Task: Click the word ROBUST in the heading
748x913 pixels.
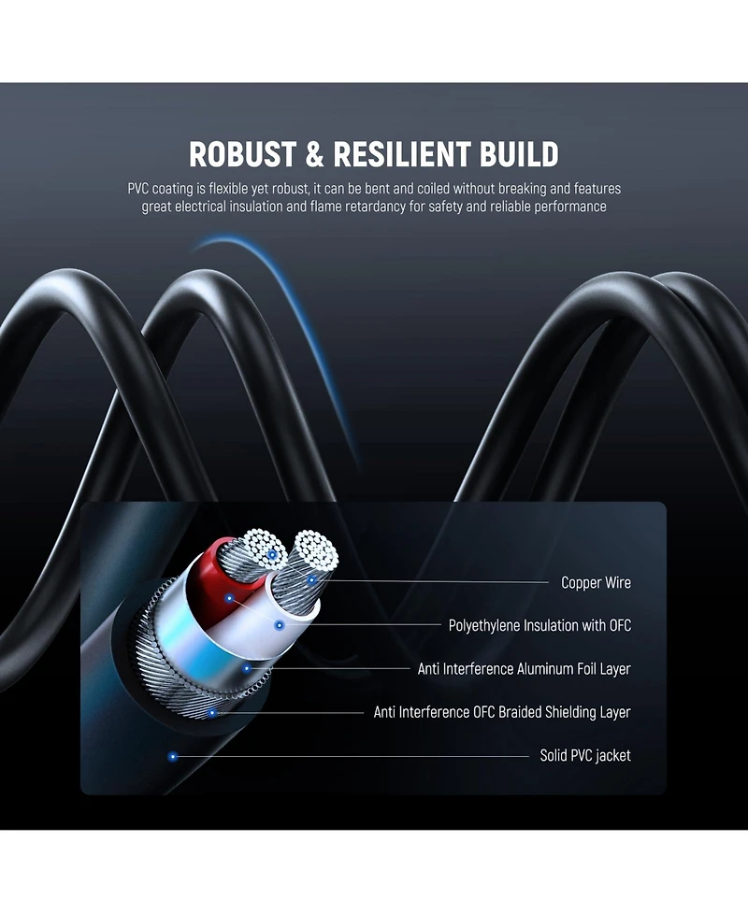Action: [242, 154]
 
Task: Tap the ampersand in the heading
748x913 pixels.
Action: [314, 154]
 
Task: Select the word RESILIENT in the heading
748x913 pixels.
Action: [401, 154]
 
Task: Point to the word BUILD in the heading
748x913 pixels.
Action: [519, 154]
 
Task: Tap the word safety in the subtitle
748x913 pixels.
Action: [446, 207]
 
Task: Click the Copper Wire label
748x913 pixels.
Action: [596, 582]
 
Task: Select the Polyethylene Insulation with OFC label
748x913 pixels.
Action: [540, 625]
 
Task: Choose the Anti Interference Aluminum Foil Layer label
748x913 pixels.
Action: [525, 668]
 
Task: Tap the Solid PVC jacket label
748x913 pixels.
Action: [585, 755]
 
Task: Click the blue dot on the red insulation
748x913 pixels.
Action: [229, 598]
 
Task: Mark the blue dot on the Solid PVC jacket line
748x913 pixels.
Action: [172, 756]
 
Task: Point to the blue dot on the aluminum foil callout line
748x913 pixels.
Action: [247, 668]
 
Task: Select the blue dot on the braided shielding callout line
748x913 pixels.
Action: [212, 713]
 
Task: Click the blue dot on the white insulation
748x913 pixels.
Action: [280, 625]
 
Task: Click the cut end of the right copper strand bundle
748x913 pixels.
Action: [316, 549]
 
